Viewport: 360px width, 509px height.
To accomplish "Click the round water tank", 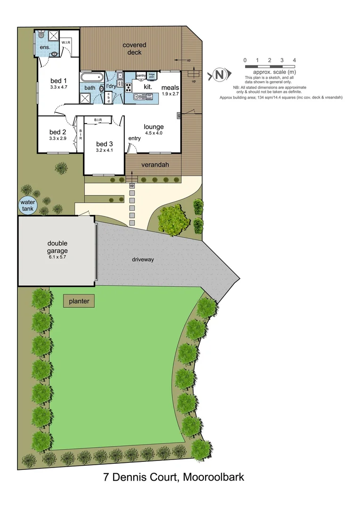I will click(27, 205).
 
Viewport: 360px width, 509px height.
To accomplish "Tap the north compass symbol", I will click(219, 74).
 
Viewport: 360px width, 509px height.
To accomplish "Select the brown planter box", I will click(79, 301).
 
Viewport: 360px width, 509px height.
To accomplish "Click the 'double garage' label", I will click(57, 247).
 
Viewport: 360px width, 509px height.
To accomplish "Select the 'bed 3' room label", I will click(105, 144).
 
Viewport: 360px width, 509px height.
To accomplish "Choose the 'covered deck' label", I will click(134, 49).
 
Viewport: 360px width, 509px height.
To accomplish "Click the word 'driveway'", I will click(143, 260).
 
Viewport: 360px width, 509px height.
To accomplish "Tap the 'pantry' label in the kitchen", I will click(141, 75).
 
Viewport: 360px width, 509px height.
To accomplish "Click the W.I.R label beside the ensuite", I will click(66, 42).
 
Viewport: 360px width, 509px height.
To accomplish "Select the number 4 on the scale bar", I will click(294, 60).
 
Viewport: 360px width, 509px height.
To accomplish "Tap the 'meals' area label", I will click(170, 88).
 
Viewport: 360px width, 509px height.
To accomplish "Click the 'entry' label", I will click(134, 138).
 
